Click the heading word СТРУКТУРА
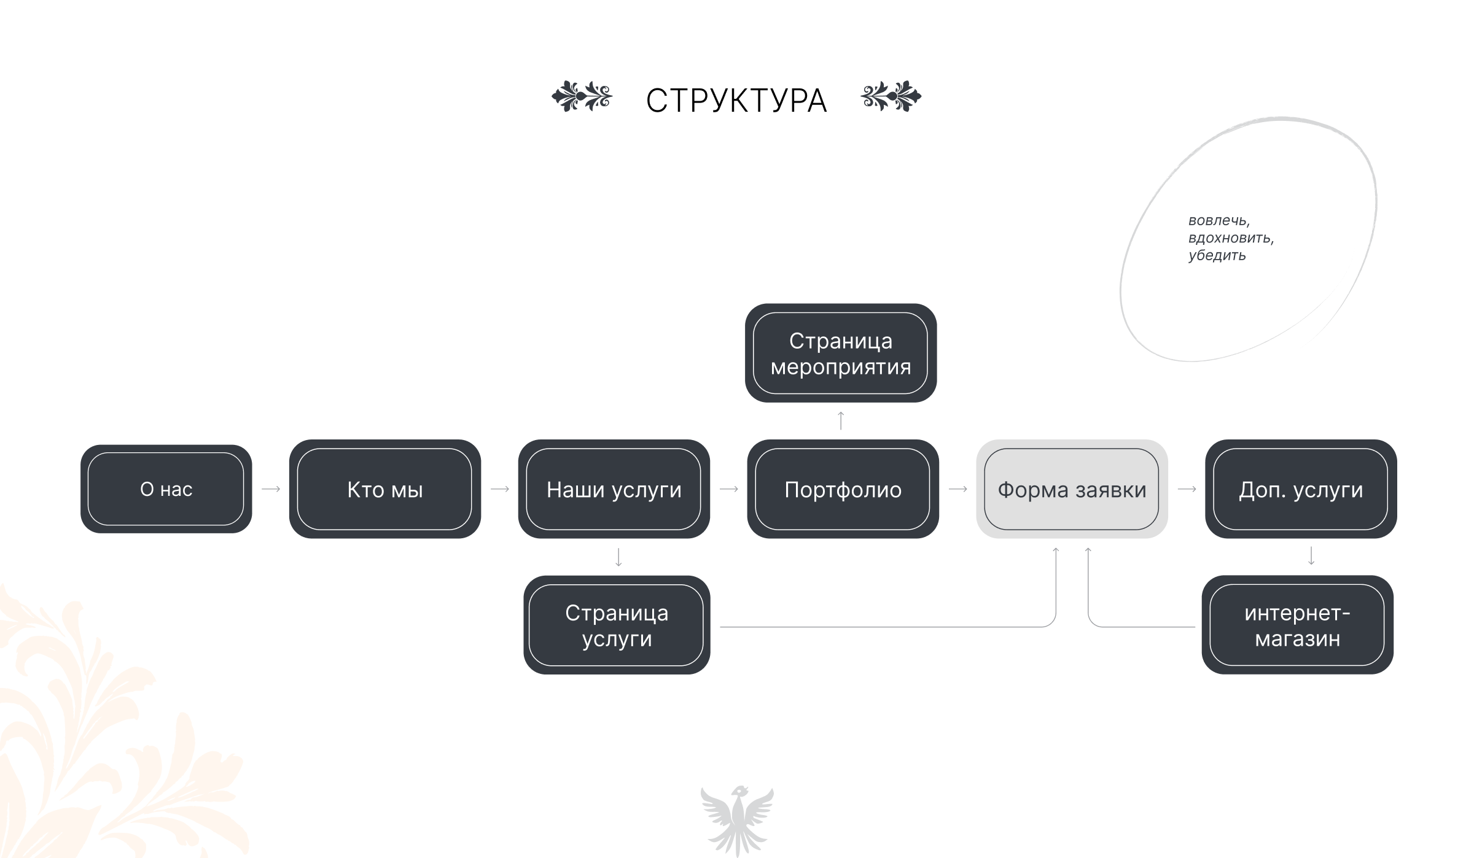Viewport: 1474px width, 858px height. tap(736, 101)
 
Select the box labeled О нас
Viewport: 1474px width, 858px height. tap(166, 489)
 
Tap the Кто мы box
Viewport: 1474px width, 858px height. tap(384, 489)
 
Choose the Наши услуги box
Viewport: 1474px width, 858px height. tap(614, 489)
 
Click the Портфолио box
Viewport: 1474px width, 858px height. tap(843, 489)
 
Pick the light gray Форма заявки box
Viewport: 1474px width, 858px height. tap(1072, 489)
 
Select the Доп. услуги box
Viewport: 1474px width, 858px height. tap(1301, 489)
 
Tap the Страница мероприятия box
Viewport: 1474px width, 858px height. tap(840, 353)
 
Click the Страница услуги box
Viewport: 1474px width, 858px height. tap(617, 625)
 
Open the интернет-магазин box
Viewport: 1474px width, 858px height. tap(1297, 625)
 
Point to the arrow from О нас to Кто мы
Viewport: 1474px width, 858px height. tap(271, 489)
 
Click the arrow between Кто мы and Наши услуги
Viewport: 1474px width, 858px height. tap(500, 489)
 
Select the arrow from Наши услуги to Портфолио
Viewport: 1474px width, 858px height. tap(729, 489)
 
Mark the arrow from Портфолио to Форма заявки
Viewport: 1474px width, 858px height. tap(958, 489)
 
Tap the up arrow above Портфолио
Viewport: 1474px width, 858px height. tap(841, 420)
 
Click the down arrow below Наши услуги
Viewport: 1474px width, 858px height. tap(618, 557)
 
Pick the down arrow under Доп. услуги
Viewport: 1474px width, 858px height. tap(1311, 556)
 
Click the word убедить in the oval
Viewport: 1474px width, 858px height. tap(1217, 255)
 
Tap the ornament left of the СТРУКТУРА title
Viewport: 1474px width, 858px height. tap(582, 96)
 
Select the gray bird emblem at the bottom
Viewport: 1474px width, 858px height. tap(737, 819)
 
